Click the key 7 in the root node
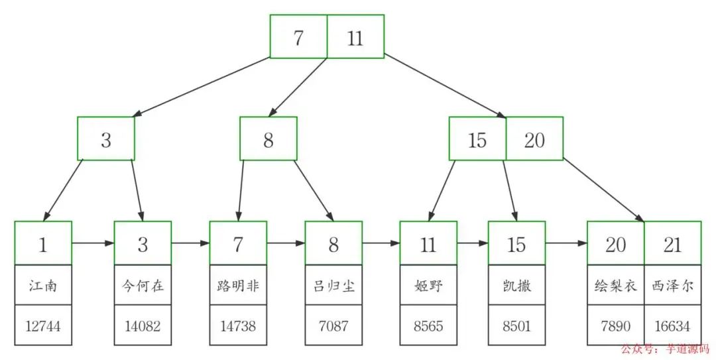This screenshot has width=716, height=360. point(298,38)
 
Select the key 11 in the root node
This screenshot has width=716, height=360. point(355,38)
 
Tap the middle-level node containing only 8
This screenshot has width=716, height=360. point(268,139)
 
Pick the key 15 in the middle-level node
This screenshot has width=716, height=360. point(477,139)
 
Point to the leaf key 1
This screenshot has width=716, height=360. point(42,244)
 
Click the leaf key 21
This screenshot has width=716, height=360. point(672,244)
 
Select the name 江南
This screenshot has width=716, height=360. point(42,286)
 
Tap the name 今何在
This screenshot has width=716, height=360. point(143,286)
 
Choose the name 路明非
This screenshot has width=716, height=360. point(238,286)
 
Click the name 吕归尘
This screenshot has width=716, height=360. point(333,286)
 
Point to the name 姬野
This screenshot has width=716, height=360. point(428,286)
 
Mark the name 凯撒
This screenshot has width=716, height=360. point(516,286)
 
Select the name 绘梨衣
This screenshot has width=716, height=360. point(615,286)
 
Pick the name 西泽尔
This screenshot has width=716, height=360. point(672,286)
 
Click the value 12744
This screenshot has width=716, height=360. point(42,326)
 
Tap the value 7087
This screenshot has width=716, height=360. point(333,326)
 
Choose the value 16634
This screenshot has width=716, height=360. point(672,326)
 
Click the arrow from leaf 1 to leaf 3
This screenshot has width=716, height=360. point(93,243)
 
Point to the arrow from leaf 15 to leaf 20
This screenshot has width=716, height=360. point(566,243)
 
